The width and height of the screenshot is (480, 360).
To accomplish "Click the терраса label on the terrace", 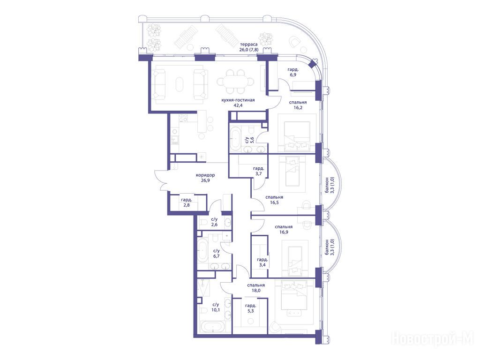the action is (x=249, y=44).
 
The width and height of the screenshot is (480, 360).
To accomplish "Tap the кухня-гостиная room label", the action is (x=238, y=100).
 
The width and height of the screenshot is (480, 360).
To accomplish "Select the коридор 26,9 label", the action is (x=205, y=178).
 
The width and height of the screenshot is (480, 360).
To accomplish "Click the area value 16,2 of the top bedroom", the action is (x=298, y=108).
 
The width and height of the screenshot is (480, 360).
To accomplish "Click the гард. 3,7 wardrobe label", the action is (x=259, y=171).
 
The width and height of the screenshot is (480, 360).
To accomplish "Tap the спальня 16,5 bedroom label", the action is (x=274, y=200).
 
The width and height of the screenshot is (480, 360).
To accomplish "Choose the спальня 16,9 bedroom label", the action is (x=284, y=230).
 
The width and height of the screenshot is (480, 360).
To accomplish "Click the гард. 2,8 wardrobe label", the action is (x=187, y=202).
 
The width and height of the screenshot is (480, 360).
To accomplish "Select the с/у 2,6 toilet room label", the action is (x=214, y=222).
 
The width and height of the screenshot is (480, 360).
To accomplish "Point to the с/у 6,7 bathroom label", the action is (x=217, y=254).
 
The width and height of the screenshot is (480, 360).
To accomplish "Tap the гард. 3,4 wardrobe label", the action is (x=262, y=262).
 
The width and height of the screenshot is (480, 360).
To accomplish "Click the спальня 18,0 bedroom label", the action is (x=256, y=288).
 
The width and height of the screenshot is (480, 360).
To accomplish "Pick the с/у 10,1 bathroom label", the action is (x=216, y=307).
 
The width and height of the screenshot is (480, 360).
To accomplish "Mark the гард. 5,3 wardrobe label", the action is (x=251, y=308).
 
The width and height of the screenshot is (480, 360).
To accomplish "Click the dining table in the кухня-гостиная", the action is (x=235, y=82).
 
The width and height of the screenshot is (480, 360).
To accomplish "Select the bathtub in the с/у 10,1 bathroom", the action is (x=213, y=327).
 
